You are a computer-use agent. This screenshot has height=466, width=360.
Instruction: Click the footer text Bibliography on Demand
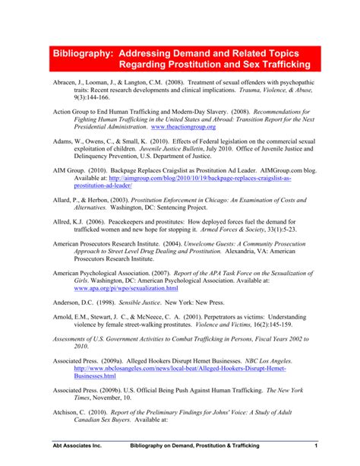point(168,444)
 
